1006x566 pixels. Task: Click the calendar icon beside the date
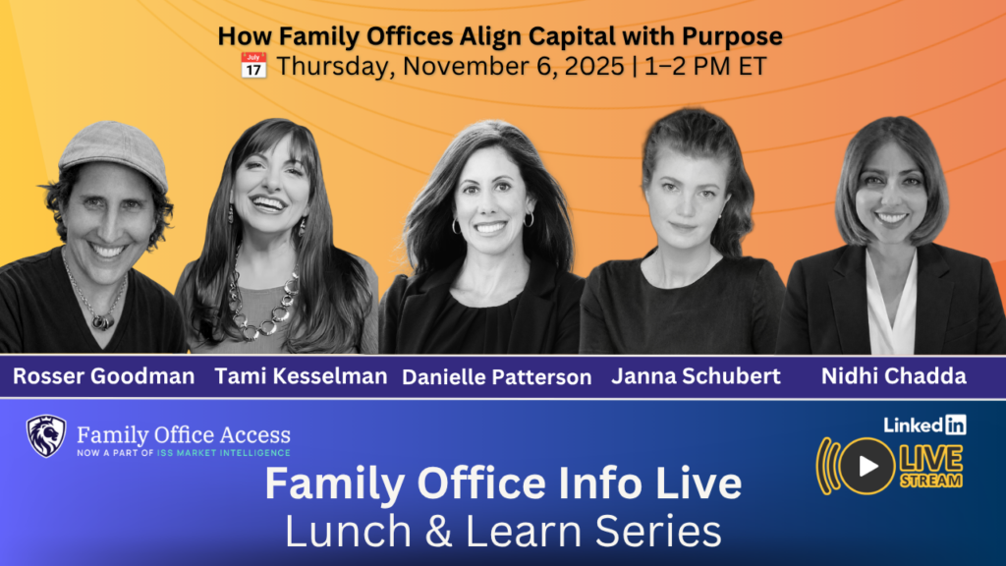[253, 66]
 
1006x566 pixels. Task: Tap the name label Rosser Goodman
[104, 376]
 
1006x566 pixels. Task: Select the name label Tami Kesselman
[301, 376]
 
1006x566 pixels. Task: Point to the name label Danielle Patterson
[496, 377]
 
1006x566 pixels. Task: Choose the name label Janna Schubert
[697, 376]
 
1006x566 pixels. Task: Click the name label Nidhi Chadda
[894, 376]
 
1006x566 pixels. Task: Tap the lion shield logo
[45, 436]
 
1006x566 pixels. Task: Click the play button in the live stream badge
[866, 467]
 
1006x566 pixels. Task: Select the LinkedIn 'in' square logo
[955, 424]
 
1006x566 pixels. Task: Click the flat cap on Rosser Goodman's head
[114, 152]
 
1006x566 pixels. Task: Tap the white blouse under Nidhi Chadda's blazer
[891, 303]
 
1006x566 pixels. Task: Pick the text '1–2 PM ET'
[705, 66]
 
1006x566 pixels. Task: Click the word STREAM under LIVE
[931, 481]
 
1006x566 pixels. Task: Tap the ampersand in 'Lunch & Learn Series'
[438, 532]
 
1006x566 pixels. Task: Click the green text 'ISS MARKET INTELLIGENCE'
[224, 453]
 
